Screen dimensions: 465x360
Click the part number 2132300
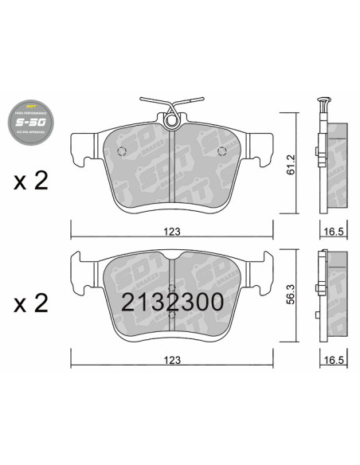click(x=171, y=301)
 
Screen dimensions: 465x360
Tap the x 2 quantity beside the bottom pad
click(x=31, y=302)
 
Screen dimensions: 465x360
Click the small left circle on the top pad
click(x=122, y=154)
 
